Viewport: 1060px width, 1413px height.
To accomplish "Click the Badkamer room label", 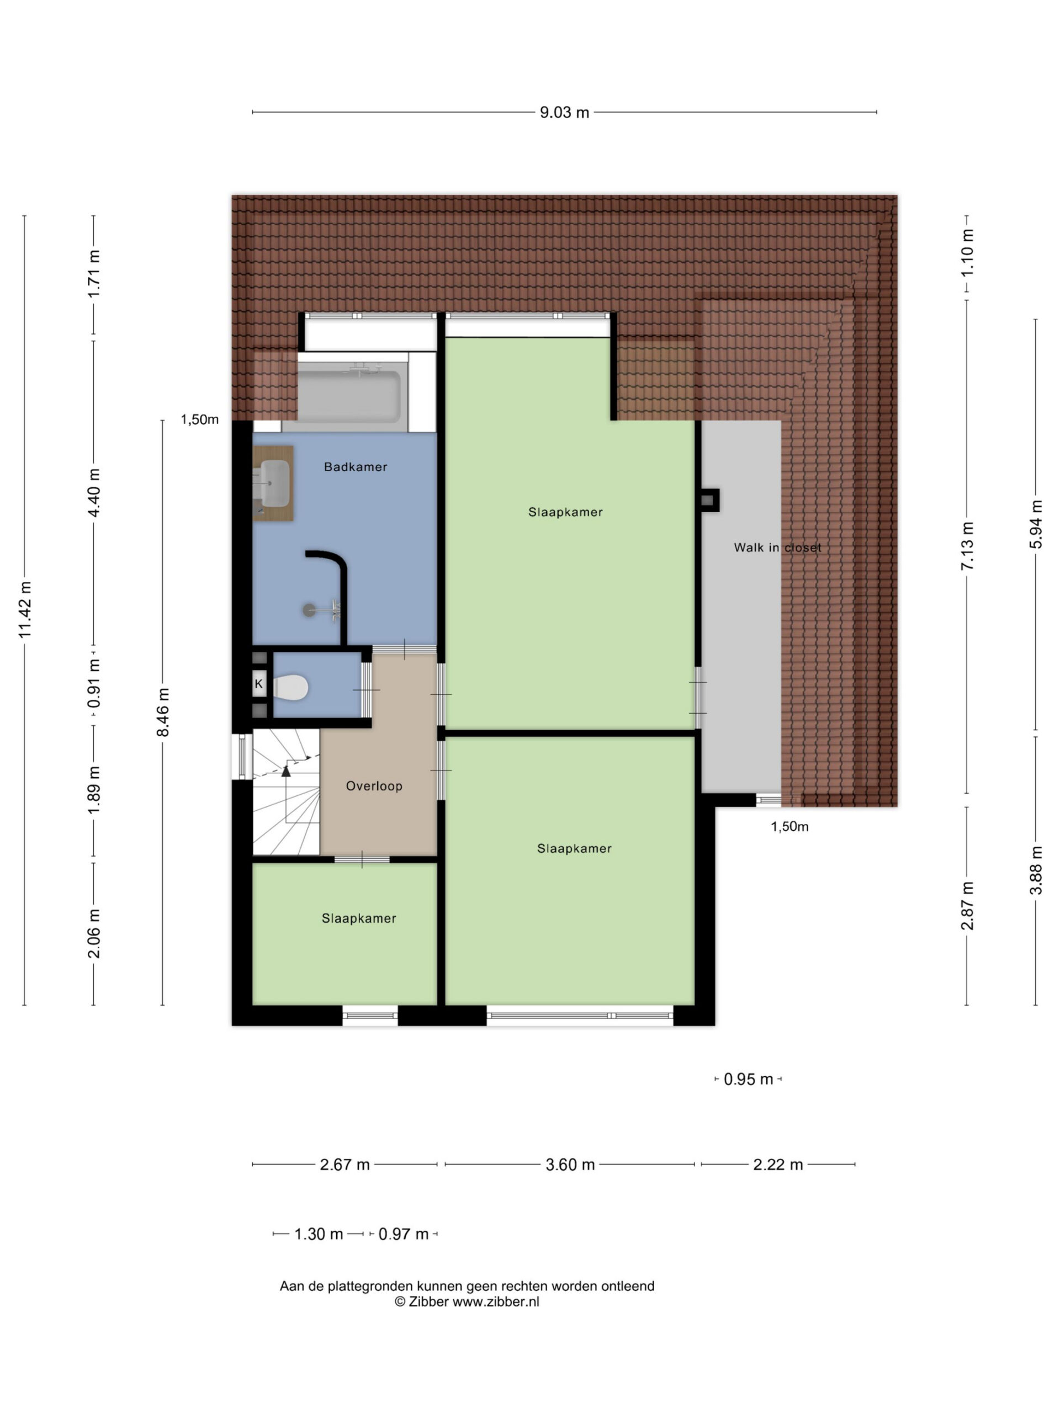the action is click(355, 467).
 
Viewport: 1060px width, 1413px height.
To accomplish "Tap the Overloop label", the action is click(374, 787).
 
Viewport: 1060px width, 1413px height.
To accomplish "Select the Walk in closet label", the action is click(777, 548).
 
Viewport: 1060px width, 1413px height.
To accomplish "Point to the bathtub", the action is click(349, 393).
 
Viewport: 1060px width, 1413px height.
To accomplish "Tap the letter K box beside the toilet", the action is click(259, 684).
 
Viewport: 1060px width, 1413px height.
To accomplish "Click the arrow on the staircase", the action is click(285, 771).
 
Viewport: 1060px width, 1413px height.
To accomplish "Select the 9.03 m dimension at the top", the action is click(564, 113).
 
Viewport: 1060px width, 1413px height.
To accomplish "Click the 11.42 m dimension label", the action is click(24, 609).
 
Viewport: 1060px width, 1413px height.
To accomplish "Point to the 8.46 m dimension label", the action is click(163, 711).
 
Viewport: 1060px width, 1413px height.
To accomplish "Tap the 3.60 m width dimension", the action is click(570, 1165).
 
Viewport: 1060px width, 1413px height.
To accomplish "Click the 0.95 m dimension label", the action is click(748, 1080).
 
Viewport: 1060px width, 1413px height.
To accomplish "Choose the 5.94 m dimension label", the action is click(1036, 524).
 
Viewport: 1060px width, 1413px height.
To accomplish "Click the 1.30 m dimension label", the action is click(318, 1234).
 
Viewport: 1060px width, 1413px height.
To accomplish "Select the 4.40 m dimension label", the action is click(94, 493).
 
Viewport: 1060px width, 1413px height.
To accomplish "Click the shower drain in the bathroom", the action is click(309, 610).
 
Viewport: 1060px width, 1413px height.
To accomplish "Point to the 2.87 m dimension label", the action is click(967, 906).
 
